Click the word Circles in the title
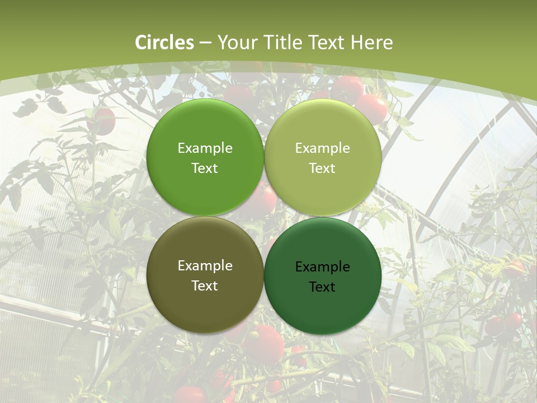coord(164,43)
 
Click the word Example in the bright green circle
coord(205,148)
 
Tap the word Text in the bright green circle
coord(205,168)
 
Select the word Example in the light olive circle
coord(322,148)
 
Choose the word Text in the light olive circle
coord(322,168)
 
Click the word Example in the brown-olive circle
coord(205,266)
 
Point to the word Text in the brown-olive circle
coord(205,286)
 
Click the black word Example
coord(322,267)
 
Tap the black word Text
coord(322,287)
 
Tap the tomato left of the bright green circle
coord(102,120)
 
